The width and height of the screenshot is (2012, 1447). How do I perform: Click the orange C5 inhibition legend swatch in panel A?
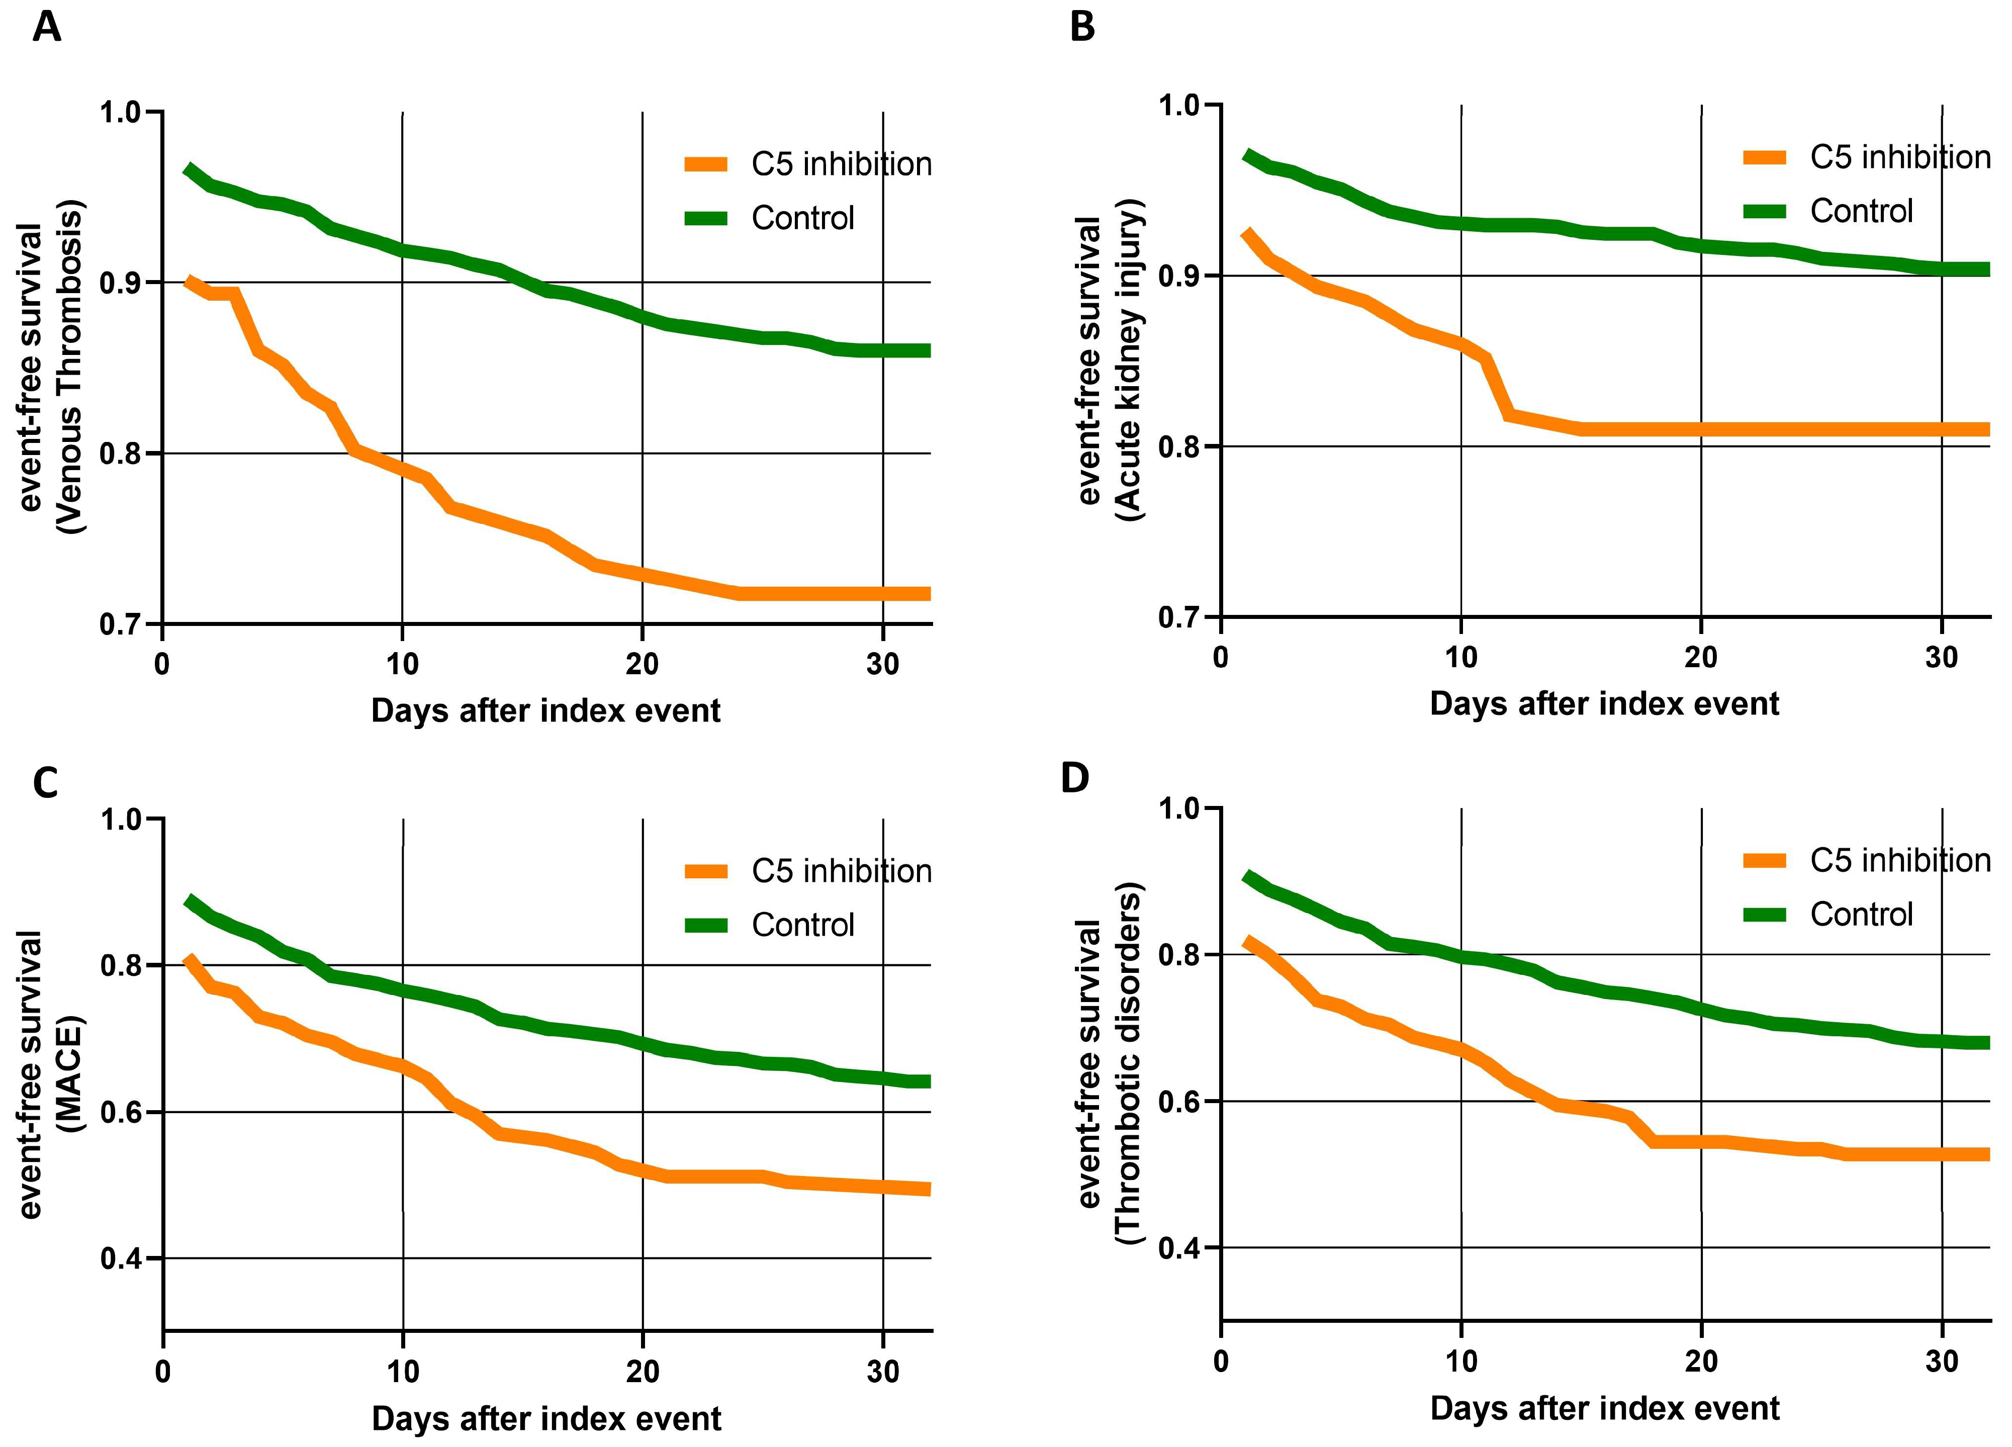point(706,164)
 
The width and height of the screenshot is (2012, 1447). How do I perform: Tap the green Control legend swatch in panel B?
point(1765,211)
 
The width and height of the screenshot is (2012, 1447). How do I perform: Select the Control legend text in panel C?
point(803,925)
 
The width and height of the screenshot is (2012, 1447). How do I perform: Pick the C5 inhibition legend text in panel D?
point(1900,860)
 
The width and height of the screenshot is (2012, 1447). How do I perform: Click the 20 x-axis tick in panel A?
point(643,664)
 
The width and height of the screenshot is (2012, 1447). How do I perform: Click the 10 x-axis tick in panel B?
point(1461,658)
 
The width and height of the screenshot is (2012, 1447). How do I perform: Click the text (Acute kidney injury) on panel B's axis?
point(1129,359)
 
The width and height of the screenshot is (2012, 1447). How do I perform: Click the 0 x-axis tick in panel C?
point(163,1372)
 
